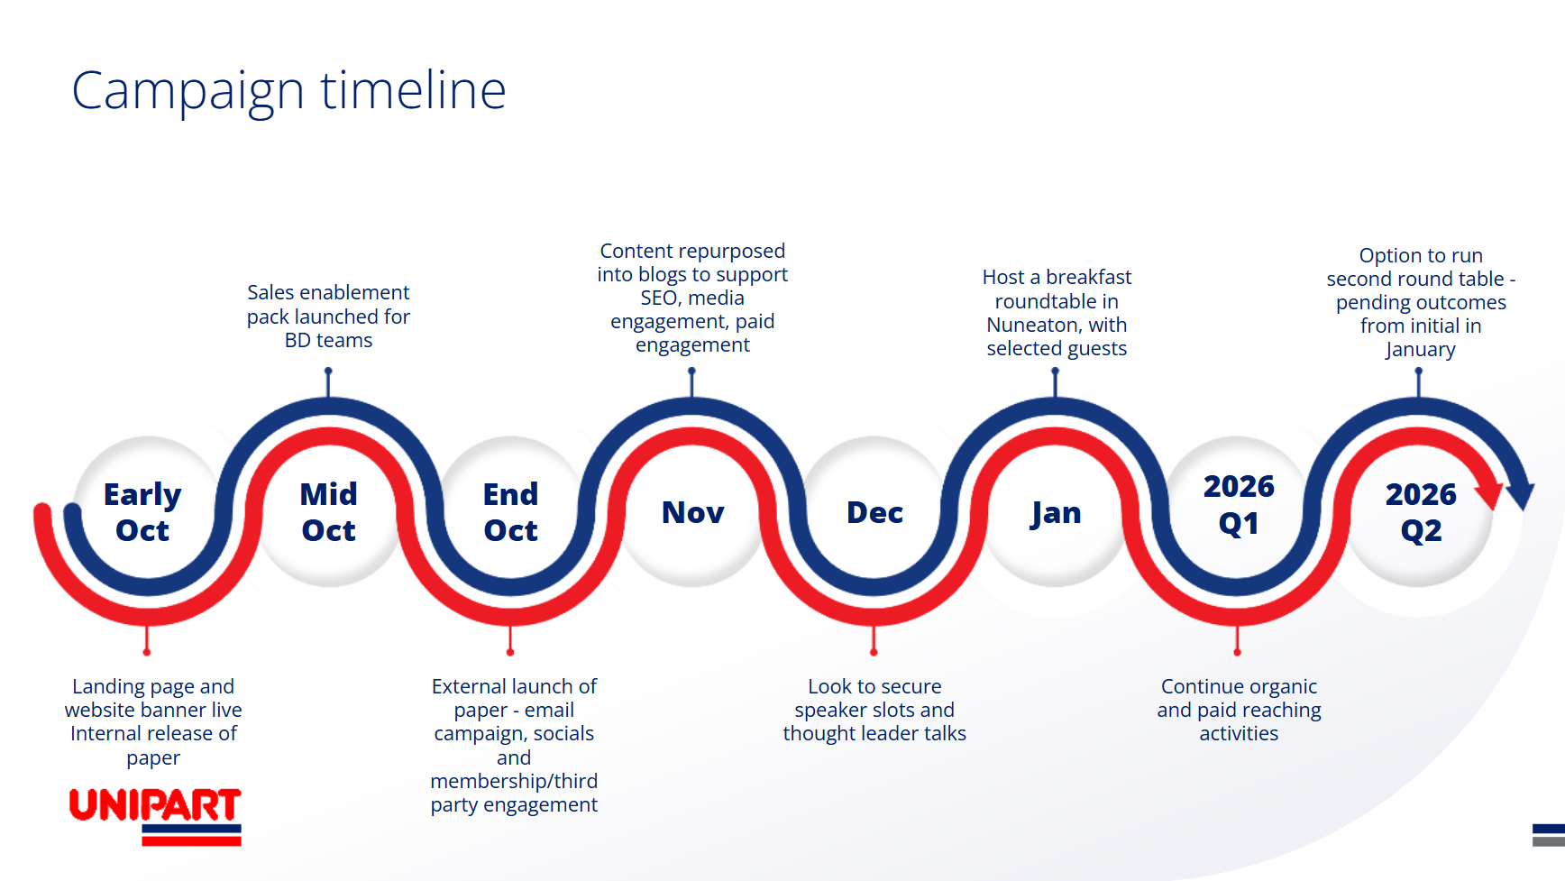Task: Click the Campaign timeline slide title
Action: [288, 91]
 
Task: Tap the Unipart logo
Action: [155, 815]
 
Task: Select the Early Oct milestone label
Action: [142, 512]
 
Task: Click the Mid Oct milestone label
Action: [328, 512]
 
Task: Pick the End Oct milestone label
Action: [510, 512]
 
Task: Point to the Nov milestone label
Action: [692, 512]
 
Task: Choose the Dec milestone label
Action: [874, 512]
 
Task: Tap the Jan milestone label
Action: [1056, 513]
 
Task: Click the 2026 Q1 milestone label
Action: [1239, 505]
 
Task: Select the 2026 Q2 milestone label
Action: [1421, 512]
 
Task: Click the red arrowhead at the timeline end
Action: [1489, 495]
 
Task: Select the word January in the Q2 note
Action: [1421, 350]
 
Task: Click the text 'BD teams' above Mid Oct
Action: [328, 341]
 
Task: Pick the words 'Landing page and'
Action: [153, 686]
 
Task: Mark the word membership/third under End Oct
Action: [514, 781]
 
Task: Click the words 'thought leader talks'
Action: [874, 734]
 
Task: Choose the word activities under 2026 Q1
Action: [1239, 734]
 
